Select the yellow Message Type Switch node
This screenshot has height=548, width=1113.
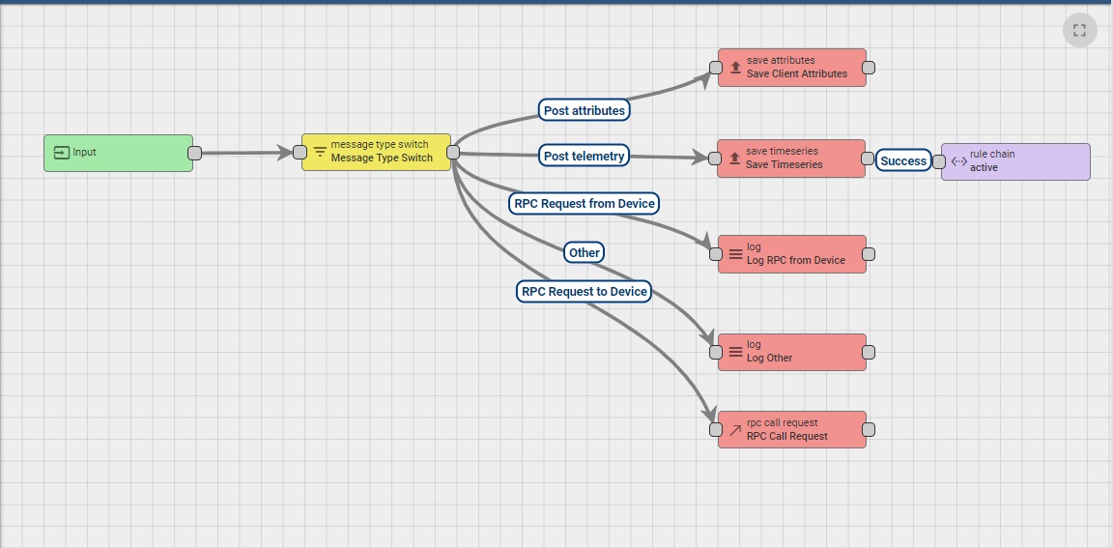[x=377, y=152]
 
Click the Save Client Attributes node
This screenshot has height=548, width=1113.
[x=792, y=68]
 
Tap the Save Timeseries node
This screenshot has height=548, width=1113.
[x=791, y=159]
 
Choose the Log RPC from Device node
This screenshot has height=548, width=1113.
[x=792, y=254]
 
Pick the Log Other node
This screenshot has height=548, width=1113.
[x=792, y=352]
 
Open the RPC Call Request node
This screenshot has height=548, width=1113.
[x=792, y=429]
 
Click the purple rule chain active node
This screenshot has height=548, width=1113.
[x=1015, y=161]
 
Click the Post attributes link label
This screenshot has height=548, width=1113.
[x=584, y=110]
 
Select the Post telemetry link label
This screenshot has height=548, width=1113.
[x=584, y=156]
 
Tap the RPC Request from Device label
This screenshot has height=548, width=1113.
[x=585, y=203]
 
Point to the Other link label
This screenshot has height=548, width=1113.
[x=584, y=252]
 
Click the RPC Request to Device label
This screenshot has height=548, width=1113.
[x=584, y=291]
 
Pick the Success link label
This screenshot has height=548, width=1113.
[x=903, y=161]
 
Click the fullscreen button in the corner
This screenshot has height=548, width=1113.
[x=1079, y=30]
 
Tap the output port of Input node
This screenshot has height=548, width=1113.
[x=194, y=153]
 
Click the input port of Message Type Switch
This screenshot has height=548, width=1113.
[x=300, y=152]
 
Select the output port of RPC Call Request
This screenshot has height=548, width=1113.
[x=869, y=429]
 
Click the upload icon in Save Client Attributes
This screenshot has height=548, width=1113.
[x=735, y=68]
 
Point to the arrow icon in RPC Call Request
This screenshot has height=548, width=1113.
[x=735, y=430]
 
